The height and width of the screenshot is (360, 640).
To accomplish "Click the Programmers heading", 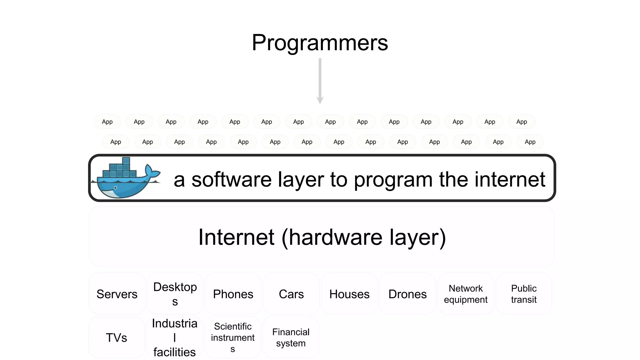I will (320, 42).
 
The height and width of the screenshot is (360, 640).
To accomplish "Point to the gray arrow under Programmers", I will (320, 81).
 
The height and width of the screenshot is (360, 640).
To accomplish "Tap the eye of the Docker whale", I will (116, 188).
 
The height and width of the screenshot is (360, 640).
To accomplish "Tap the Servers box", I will (117, 294).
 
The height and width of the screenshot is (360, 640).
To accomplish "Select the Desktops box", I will (175, 294).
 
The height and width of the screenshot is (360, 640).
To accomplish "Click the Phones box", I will (233, 294).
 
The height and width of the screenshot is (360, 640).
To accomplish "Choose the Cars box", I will (291, 294).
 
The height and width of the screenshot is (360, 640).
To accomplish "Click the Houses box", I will (349, 294).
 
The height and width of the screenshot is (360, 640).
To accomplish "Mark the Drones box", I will (407, 294).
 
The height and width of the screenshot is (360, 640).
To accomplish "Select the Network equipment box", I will (466, 294).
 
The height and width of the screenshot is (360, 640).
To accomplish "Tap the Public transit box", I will (524, 294).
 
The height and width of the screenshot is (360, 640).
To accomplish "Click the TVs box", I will (117, 337).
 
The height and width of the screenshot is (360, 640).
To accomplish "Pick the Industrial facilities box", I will (175, 337).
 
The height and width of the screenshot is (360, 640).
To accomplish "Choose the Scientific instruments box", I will (233, 337).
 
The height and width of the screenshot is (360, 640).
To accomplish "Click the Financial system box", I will (291, 337).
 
